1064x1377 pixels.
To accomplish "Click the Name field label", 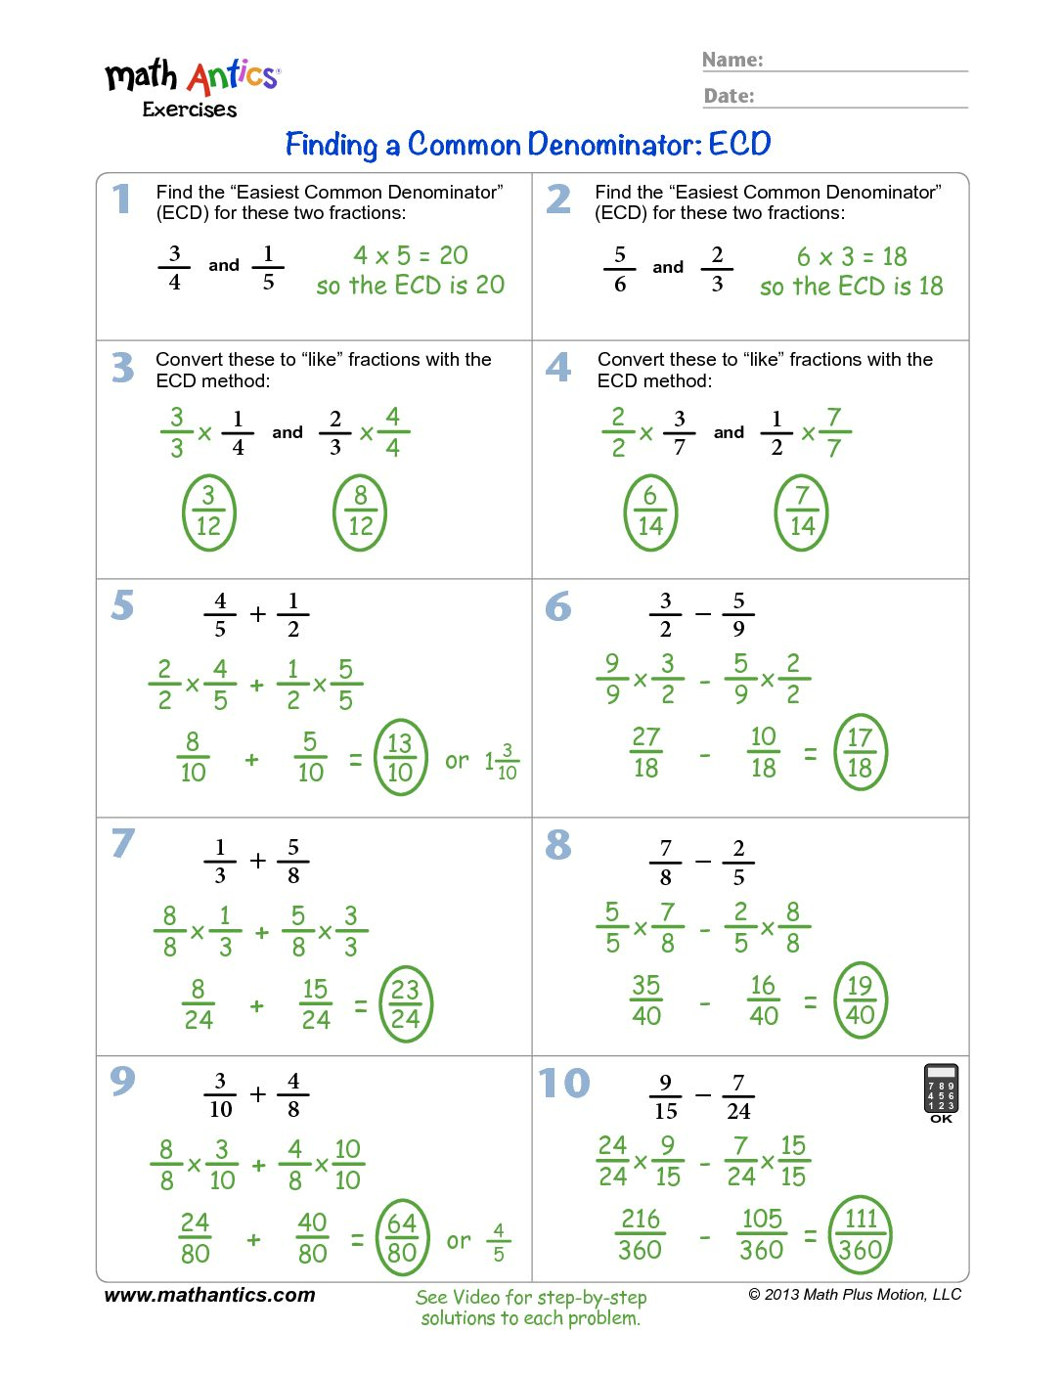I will coord(732,61).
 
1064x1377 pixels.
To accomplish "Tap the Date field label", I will coord(730,96).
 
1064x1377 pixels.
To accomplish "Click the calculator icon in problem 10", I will coord(941,1089).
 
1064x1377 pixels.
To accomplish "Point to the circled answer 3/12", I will coord(208,511).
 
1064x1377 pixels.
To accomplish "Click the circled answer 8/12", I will coord(360,511).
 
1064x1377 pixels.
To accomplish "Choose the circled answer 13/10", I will coord(400,757).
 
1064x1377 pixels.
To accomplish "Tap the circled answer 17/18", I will coord(860,751).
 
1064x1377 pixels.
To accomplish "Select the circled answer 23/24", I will coord(405,1004).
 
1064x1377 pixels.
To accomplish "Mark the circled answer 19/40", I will coord(860,999).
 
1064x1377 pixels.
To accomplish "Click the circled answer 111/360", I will coord(861,1234).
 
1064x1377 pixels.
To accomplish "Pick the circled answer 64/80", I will coord(402,1237).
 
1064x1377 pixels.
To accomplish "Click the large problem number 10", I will coord(564,1084).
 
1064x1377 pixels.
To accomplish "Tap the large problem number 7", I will coord(123,843).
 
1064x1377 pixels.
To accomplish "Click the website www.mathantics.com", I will coord(209,1295).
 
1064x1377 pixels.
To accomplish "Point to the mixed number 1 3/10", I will coord(502,761).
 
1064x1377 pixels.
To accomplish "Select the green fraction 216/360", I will coord(641,1234).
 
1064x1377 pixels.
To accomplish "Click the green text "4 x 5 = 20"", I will coord(411,255).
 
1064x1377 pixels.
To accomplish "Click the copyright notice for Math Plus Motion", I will coord(855,1295).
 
